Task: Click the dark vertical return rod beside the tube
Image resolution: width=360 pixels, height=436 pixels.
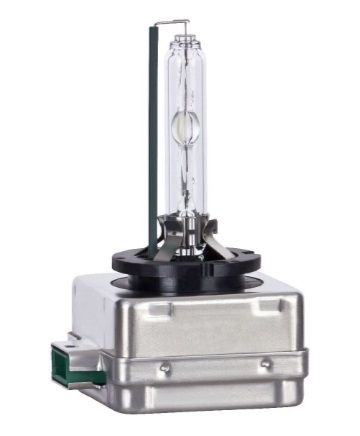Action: tap(152, 130)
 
